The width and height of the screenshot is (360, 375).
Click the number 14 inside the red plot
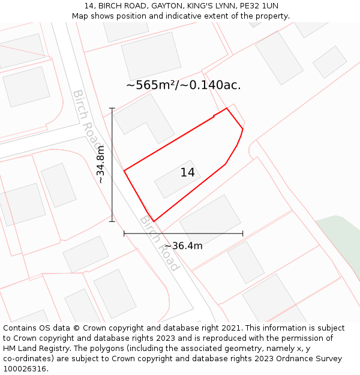point(188,173)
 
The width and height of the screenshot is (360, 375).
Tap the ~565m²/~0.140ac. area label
point(183,85)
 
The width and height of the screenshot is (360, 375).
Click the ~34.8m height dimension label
point(101,164)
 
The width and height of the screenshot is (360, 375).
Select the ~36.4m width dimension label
point(183,245)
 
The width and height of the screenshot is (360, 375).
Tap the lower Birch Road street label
point(160,242)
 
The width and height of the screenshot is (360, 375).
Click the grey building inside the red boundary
point(177,179)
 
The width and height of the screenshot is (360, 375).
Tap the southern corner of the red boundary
point(154,221)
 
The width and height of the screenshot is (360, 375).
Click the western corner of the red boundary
point(124,171)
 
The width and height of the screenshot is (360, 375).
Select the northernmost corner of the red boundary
point(226,109)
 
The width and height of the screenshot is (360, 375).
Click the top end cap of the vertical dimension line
point(112,108)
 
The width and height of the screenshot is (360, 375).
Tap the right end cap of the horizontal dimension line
point(242,233)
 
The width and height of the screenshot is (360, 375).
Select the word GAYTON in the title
point(143,6)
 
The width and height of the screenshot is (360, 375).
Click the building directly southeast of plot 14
point(210,220)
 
